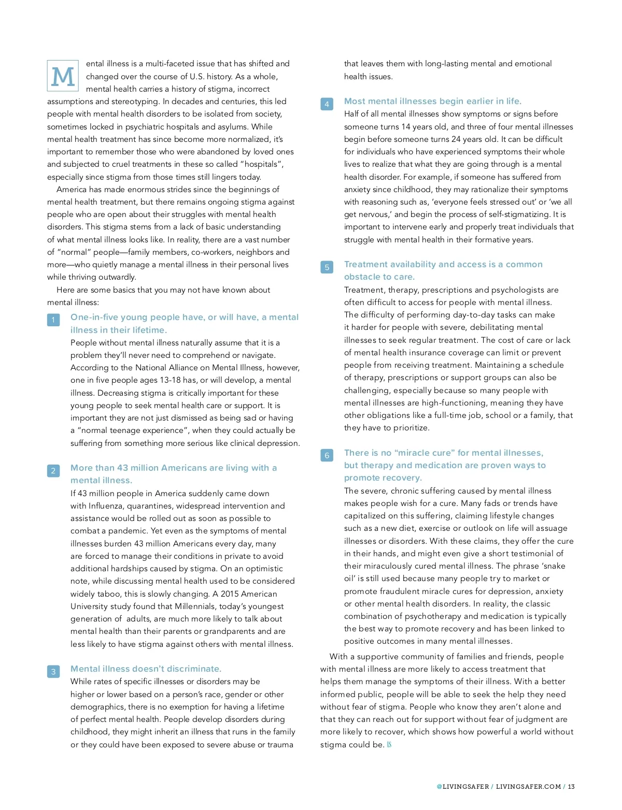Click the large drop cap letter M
[x=63, y=76]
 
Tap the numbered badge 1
[x=53, y=320]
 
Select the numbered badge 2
[x=53, y=471]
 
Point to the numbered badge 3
[x=53, y=672]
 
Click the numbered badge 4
[x=327, y=104]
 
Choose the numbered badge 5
[x=327, y=267]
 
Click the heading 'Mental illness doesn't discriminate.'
[x=146, y=669]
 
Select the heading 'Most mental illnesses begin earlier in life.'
[x=433, y=101]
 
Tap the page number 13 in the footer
[x=571, y=786]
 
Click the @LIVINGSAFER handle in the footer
[x=463, y=786]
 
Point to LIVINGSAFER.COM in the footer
[x=528, y=786]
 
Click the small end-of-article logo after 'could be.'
[x=389, y=745]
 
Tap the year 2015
[x=231, y=594]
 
